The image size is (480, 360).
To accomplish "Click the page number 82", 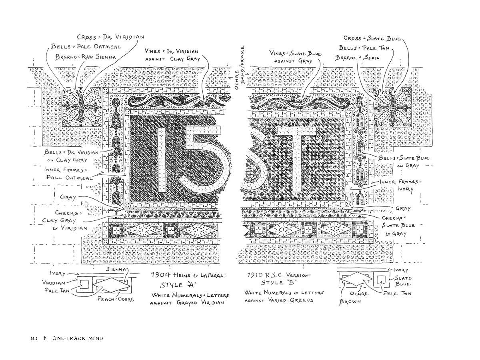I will coord(34,338).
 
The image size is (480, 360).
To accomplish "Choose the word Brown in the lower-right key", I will coord(350,302).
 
